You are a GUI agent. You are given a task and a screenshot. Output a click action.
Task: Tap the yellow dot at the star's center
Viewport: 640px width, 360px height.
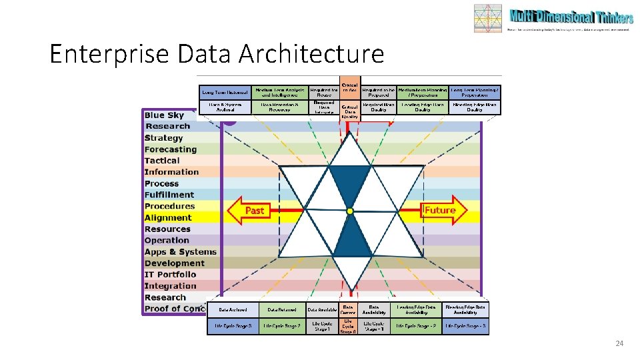[350, 211]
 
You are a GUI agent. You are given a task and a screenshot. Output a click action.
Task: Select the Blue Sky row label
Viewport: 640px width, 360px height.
[164, 115]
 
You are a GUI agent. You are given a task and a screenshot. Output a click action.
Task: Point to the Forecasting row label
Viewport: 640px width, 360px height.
[171, 149]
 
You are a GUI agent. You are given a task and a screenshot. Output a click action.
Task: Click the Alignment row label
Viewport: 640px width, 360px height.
[168, 217]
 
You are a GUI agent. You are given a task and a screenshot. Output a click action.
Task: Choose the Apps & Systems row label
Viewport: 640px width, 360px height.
[181, 252]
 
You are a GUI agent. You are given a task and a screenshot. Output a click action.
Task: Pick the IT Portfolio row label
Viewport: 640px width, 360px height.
[171, 275]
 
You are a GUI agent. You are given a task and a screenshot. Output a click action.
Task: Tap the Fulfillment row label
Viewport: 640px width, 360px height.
[169, 195]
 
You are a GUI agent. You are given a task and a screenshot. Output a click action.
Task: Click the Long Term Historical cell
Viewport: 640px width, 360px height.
[224, 92]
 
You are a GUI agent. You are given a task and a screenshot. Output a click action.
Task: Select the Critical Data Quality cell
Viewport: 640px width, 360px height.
[350, 111]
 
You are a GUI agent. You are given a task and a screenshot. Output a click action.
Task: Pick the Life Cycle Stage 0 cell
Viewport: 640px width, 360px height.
[348, 327]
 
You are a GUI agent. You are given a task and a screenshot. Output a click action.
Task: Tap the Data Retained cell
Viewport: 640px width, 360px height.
[281, 310]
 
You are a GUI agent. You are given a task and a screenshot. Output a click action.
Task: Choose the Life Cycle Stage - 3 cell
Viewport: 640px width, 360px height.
[466, 327]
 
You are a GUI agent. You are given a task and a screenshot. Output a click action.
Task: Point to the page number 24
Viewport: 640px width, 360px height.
[619, 343]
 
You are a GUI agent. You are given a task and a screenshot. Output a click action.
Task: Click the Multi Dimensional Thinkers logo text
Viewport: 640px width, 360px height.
[571, 17]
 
